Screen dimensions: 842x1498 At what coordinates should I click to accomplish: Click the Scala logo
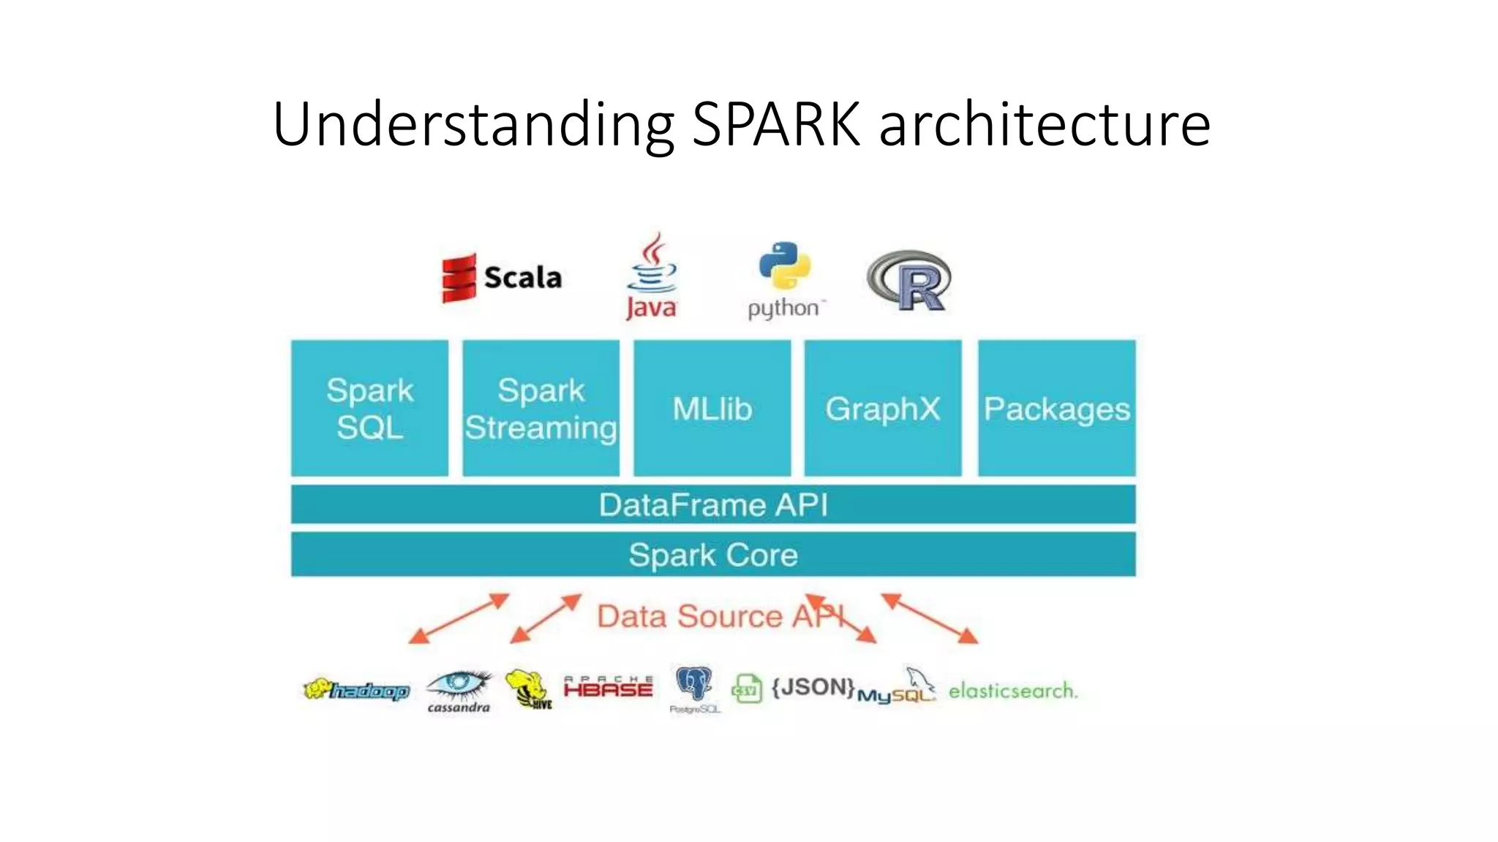502,278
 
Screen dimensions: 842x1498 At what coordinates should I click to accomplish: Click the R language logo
909,281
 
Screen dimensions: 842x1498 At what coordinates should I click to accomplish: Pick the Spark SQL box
369,408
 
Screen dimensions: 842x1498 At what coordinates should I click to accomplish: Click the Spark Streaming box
541,408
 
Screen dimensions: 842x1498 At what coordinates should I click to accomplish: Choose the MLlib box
712,408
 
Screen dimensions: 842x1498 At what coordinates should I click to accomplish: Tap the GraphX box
883,408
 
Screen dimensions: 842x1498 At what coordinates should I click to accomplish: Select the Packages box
1057,408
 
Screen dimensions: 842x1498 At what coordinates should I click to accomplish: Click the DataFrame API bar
713,504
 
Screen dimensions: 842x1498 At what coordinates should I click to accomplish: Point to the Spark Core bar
713,554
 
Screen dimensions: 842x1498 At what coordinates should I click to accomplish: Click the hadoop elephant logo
356,690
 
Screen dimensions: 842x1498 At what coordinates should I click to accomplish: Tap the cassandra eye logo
459,689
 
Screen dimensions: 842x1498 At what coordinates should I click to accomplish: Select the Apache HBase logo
608,687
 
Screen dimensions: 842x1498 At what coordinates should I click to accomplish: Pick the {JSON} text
813,687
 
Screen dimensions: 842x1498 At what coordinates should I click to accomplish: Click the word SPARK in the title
776,124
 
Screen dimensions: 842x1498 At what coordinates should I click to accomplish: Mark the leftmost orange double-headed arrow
459,618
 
